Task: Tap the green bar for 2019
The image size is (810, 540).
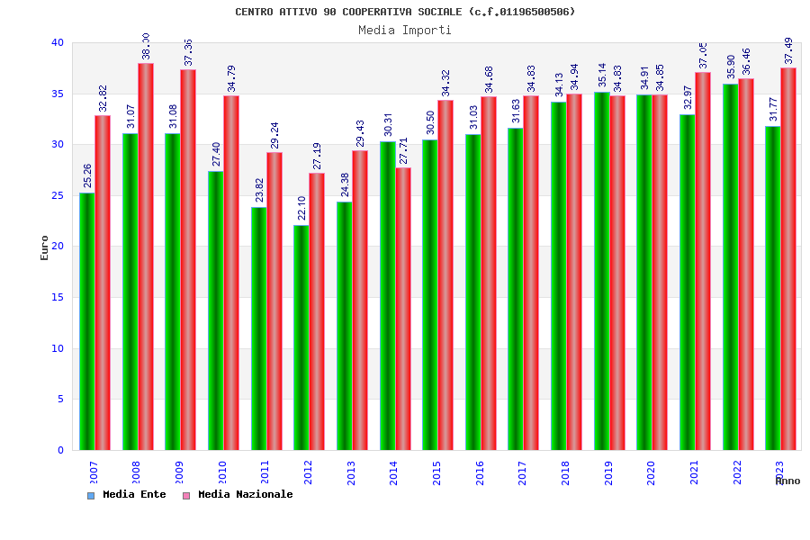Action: [601, 271]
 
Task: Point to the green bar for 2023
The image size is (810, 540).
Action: [773, 288]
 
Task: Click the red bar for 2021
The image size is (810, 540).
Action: [703, 261]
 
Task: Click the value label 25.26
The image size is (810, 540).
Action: [87, 175]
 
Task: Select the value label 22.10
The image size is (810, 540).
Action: [301, 208]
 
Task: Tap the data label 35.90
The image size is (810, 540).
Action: [731, 67]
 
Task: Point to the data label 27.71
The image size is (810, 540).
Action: [403, 149]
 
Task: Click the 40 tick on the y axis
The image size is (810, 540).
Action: [58, 42]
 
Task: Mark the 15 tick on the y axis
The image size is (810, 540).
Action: [58, 297]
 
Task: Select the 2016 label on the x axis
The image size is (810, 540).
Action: [481, 472]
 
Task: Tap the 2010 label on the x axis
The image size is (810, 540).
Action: [223, 472]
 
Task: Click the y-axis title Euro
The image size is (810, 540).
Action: [45, 247]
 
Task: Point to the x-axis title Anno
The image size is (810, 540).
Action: [787, 481]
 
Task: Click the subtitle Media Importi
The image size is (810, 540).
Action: [405, 30]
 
